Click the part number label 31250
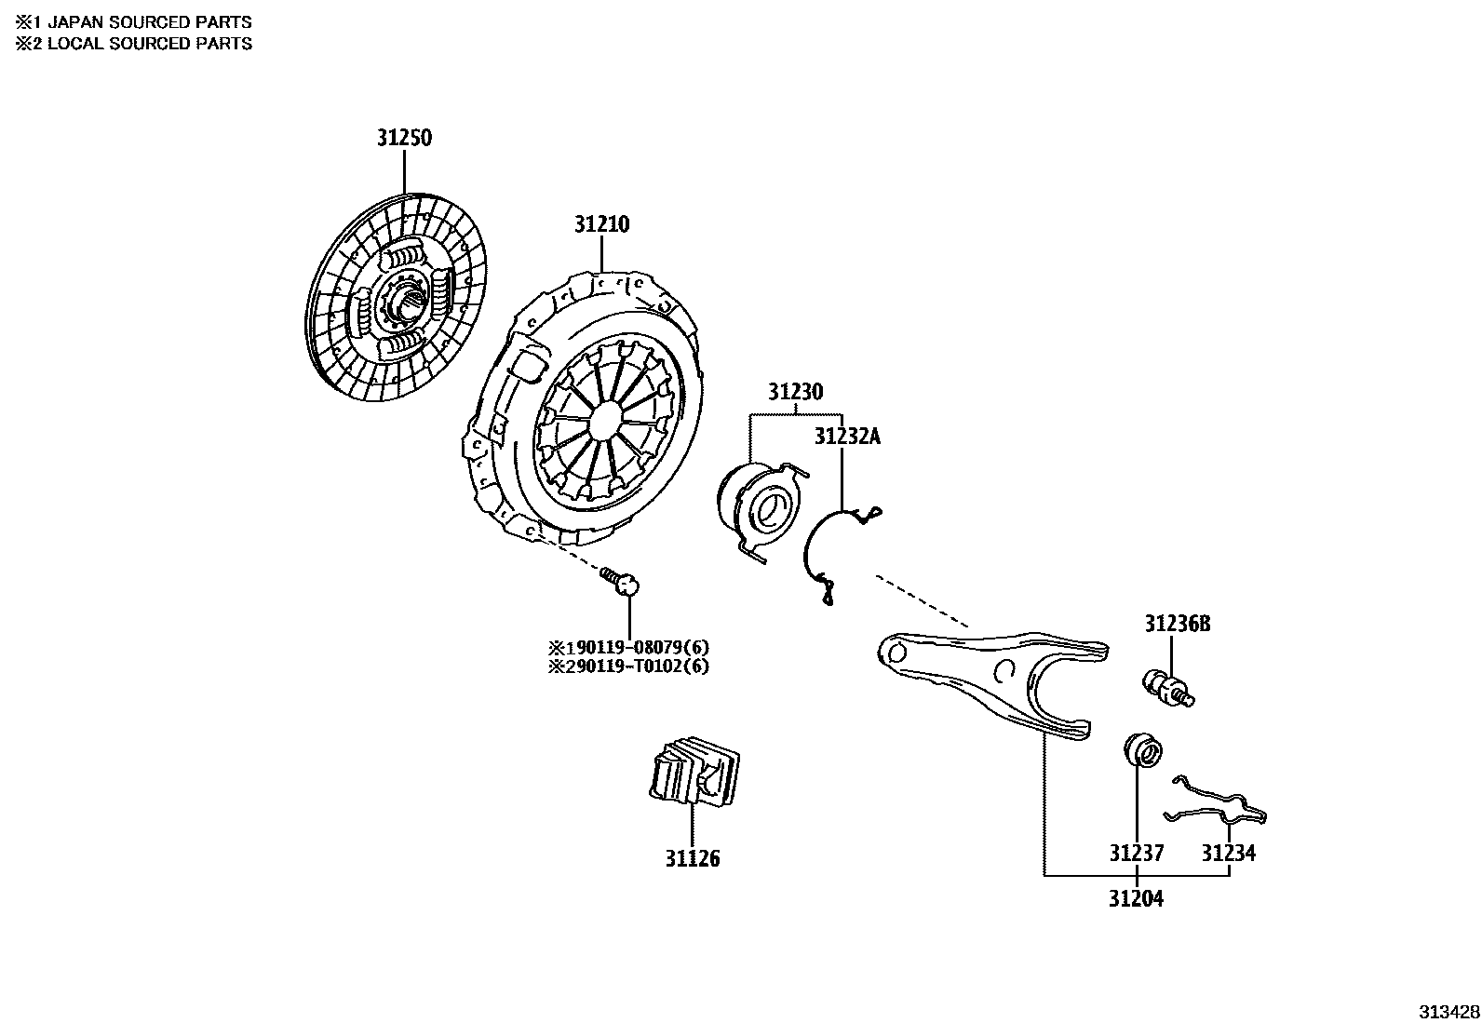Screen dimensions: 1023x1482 tap(404, 138)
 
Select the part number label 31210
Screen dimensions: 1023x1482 tap(601, 224)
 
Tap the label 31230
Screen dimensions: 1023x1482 tap(795, 392)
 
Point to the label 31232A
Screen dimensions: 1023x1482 tap(846, 437)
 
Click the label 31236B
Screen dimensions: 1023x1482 tap(1177, 624)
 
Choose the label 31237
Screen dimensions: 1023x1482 tap(1136, 853)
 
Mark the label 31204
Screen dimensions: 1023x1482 tap(1136, 899)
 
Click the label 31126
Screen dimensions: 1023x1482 tap(692, 858)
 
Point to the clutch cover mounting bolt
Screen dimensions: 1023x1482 tap(622, 582)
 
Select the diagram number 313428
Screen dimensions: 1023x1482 tap(1448, 1011)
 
